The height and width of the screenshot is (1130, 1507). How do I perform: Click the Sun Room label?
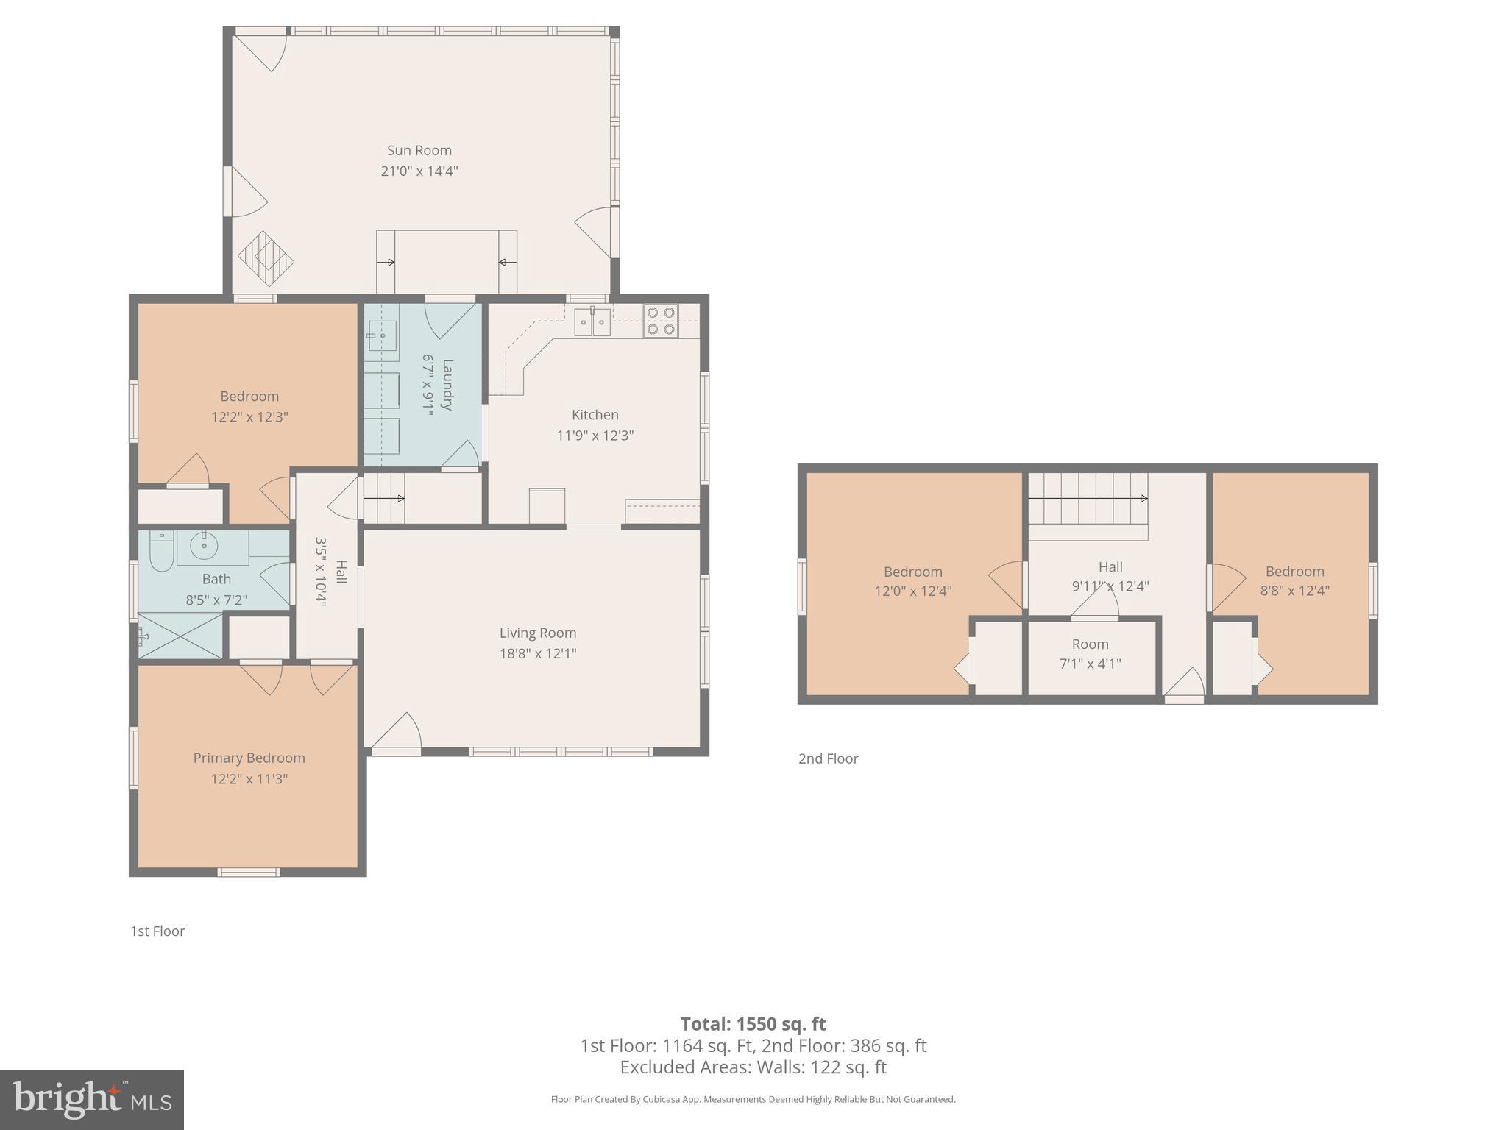(x=419, y=151)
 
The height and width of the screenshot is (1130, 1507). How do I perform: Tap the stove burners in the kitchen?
(x=661, y=321)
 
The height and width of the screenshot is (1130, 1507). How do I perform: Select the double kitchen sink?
(x=592, y=321)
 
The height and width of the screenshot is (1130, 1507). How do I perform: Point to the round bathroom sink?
(x=204, y=546)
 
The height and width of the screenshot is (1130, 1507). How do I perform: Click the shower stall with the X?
(x=180, y=636)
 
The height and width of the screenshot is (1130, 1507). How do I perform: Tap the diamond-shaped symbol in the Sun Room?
(x=266, y=260)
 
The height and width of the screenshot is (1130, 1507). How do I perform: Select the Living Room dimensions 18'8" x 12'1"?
(x=538, y=653)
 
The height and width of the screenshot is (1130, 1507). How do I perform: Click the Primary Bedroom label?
(x=249, y=758)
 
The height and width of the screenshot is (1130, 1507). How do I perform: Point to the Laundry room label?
(x=447, y=384)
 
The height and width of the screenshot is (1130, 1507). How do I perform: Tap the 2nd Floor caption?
(x=829, y=758)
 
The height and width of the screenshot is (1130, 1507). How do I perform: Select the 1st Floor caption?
(x=157, y=931)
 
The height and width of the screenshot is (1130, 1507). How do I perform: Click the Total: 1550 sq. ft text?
(x=753, y=1024)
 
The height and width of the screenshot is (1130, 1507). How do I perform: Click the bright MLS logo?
(x=92, y=1099)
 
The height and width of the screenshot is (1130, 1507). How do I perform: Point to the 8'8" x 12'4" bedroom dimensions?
(x=1295, y=590)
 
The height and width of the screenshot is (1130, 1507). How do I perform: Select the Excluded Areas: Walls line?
(x=753, y=1067)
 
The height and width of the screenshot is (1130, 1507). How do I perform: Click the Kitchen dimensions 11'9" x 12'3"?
(x=595, y=436)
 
